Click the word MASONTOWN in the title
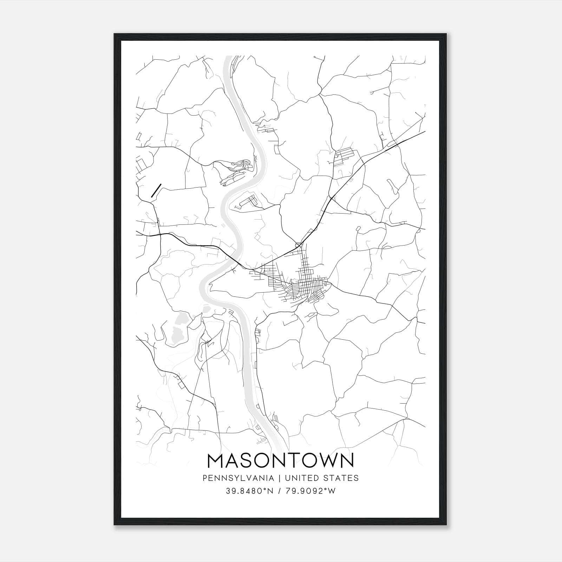281,461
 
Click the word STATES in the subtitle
341,478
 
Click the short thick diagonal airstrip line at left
156,190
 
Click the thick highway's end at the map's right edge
424,132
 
